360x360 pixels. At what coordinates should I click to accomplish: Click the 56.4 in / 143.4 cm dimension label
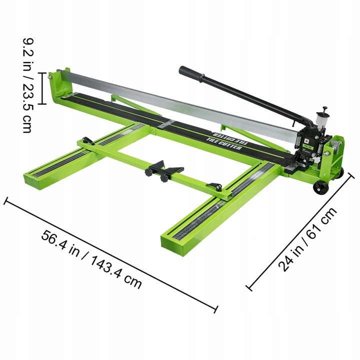pyautogui.click(x=91, y=259)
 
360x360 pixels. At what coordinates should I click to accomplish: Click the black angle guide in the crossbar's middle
pyautogui.click(x=163, y=168)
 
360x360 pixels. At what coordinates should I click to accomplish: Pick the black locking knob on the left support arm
pyautogui.click(x=87, y=141)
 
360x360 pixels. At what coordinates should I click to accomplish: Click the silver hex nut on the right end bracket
pyautogui.click(x=329, y=145)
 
